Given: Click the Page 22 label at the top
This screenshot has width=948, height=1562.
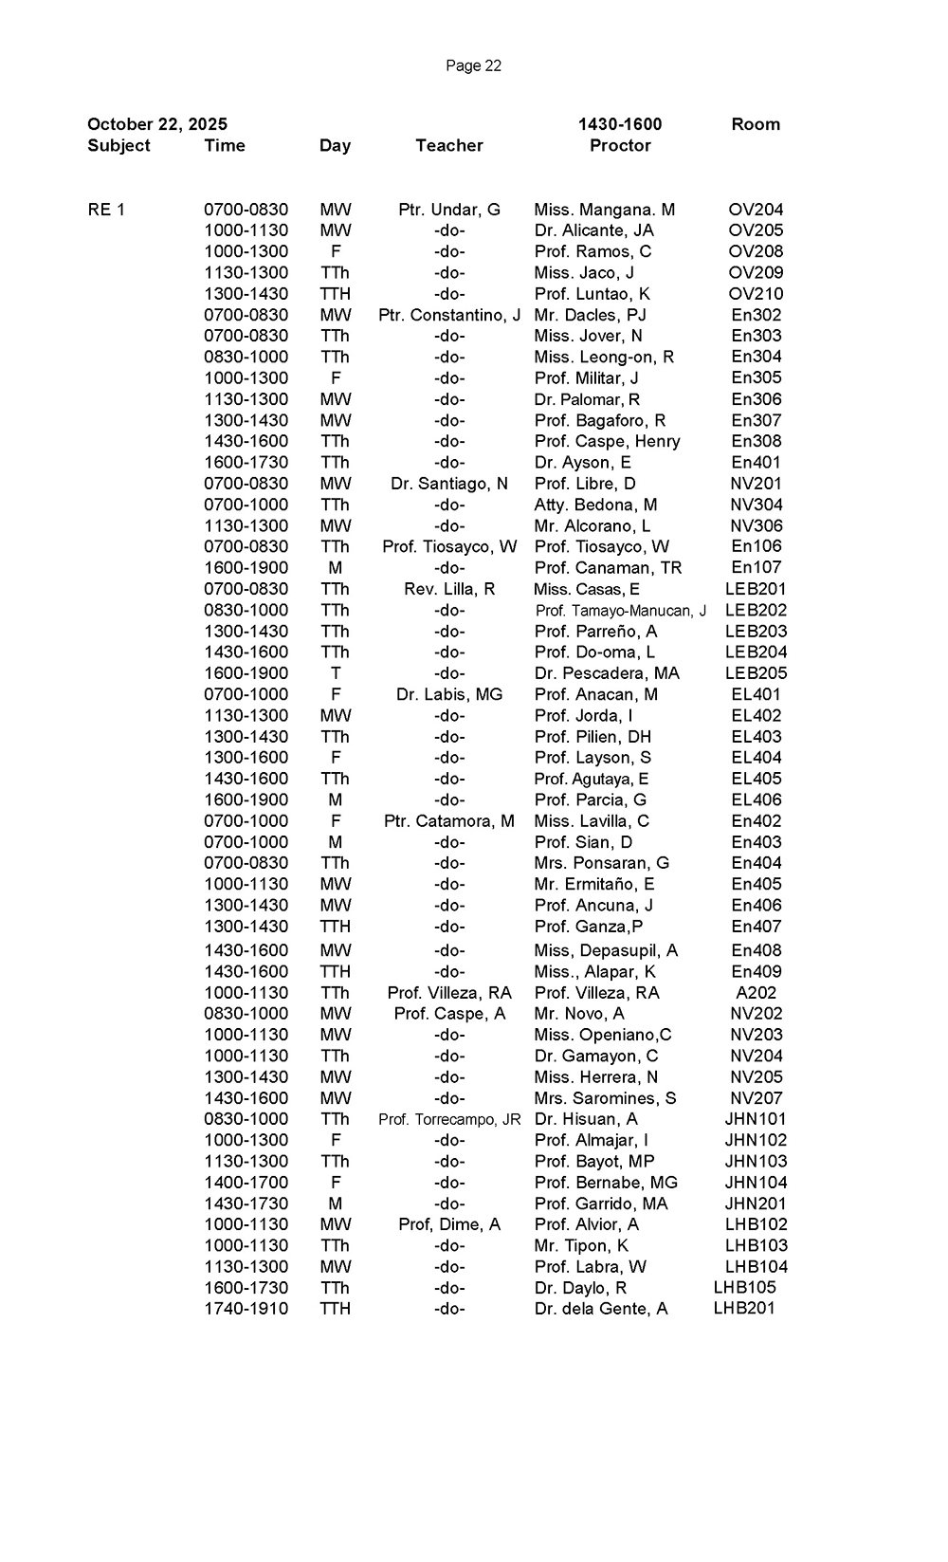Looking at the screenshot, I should point(473,65).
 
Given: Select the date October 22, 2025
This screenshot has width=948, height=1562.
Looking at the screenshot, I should point(157,124).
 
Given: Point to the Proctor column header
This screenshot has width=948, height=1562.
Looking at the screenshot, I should point(620,145).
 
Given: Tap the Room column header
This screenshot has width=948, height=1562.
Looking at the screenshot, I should point(756,124).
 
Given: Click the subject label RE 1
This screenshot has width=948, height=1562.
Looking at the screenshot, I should point(106,210).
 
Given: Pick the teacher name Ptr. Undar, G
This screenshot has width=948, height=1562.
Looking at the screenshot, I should point(449,210).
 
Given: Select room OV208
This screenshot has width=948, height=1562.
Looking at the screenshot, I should point(756,251).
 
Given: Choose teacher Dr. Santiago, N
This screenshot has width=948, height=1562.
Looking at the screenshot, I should point(449,484).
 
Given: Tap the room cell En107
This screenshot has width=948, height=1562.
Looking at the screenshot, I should point(756,568).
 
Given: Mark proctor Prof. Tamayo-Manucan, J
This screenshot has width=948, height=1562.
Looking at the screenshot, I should point(621,611).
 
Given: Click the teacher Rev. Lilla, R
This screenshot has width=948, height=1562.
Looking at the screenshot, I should point(449,589).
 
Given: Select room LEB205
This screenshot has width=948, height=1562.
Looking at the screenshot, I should point(756,673).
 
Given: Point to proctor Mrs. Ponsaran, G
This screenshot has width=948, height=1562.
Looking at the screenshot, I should point(602,863).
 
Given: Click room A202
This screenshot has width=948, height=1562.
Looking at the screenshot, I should point(756,993).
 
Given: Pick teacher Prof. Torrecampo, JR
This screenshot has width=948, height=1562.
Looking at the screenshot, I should point(449,1119).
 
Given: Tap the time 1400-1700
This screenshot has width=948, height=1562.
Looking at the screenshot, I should point(246,1183).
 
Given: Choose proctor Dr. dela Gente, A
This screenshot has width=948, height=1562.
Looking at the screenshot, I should point(601,1309).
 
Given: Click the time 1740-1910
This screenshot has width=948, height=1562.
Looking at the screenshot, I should point(246,1309).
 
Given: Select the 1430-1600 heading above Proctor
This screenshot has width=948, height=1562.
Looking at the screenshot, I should point(620,124).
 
